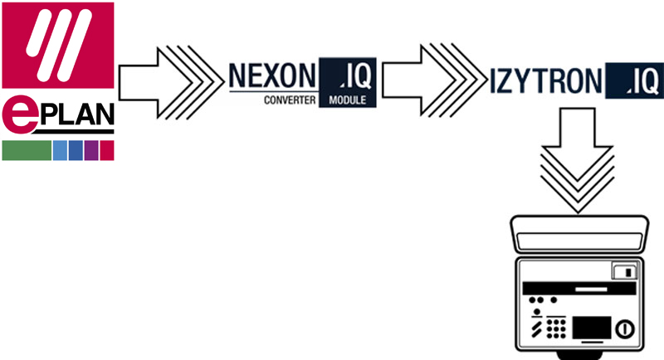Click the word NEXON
[272, 75]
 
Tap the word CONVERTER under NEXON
[290, 100]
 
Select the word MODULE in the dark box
[347, 100]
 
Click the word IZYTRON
[545, 80]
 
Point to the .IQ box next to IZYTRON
[634, 80]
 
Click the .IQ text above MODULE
[355, 75]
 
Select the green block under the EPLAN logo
[27, 151]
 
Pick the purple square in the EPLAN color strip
[91, 151]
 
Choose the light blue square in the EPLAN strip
[60, 151]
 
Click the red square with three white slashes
[58, 46]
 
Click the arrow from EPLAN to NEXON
[172, 82]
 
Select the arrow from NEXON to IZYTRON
[434, 80]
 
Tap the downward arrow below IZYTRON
[578, 160]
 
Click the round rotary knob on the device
[625, 328]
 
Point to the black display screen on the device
[592, 328]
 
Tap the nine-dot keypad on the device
[555, 328]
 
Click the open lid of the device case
[579, 234]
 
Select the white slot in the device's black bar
[591, 289]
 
